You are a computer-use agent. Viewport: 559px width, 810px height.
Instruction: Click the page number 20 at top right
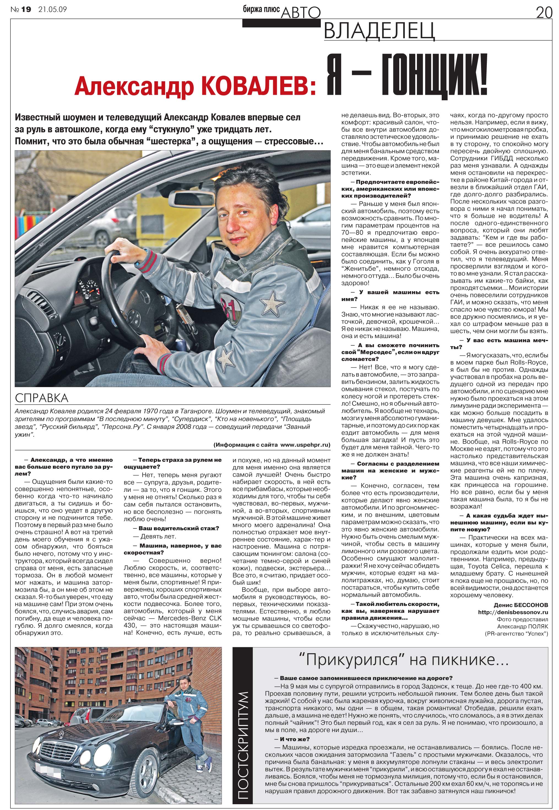[544, 13]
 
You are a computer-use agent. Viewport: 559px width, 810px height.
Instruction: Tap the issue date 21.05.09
[53, 9]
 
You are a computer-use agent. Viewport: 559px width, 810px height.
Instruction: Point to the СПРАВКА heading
[42, 398]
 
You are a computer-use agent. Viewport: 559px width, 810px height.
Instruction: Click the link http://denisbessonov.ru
[513, 612]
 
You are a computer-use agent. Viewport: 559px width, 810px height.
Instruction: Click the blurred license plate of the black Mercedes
[49, 772]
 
